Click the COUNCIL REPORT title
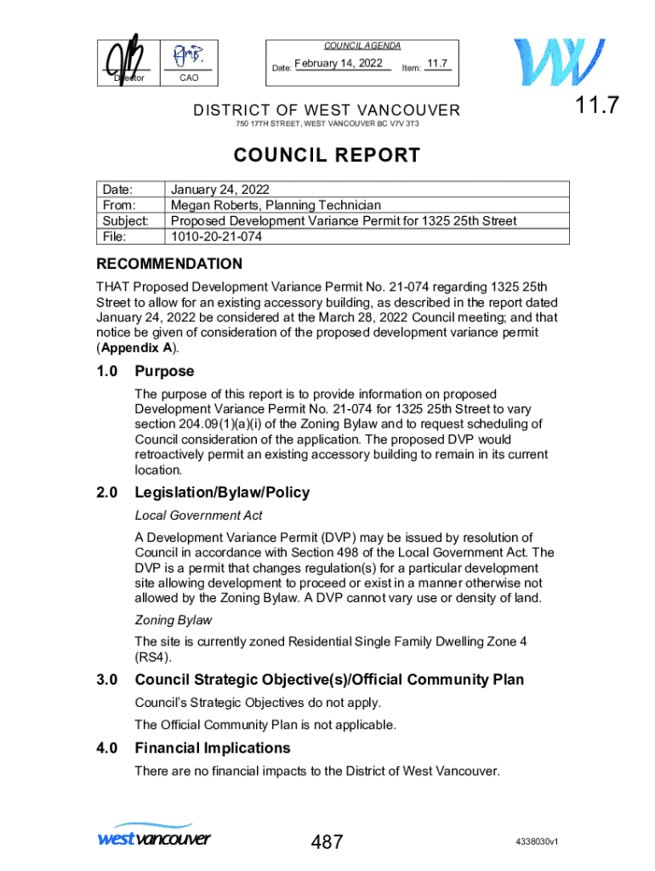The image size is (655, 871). [x=327, y=156]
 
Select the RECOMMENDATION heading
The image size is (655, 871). [x=168, y=264]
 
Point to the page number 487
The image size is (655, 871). [x=327, y=843]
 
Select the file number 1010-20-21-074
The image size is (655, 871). [x=217, y=236]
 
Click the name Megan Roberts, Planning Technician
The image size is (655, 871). [x=276, y=205]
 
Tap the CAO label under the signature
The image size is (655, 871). [x=189, y=78]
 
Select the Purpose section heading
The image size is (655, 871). [x=164, y=372]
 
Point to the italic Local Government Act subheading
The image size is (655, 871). [x=198, y=515]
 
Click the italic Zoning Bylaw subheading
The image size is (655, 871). [x=173, y=620]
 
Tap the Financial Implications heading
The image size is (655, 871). [x=213, y=748]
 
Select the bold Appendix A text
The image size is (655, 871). [x=137, y=349]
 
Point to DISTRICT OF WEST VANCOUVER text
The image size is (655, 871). [x=327, y=111]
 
